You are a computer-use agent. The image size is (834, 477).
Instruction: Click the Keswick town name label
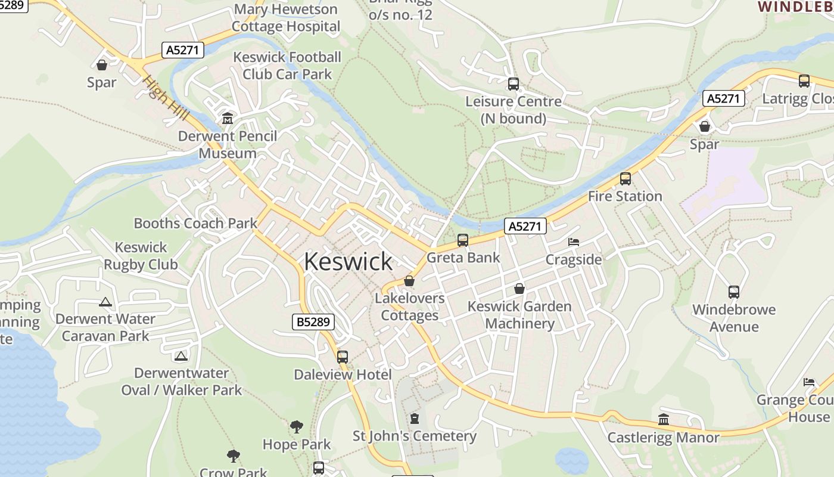coord(348,262)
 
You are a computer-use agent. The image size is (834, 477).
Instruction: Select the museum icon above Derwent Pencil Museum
coord(227,119)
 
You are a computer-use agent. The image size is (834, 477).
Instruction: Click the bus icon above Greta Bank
coord(463,240)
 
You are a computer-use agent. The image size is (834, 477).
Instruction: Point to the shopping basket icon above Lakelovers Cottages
coord(409,280)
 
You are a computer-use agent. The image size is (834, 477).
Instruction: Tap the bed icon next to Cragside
coord(573,242)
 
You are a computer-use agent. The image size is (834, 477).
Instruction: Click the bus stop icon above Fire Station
coord(625,178)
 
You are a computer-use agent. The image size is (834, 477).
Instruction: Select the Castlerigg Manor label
coord(663,438)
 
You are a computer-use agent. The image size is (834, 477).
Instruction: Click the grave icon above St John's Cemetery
coord(415,419)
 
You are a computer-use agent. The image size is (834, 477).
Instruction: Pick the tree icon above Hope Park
coord(296,426)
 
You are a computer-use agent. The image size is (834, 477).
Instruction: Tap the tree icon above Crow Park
coord(233,456)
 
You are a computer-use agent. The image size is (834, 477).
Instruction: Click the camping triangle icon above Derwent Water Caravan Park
coord(105,302)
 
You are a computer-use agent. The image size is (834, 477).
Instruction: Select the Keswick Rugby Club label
coord(141,256)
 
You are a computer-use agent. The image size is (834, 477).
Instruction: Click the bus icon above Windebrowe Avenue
coord(733,292)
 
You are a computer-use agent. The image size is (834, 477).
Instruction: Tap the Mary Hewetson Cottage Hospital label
coord(286,18)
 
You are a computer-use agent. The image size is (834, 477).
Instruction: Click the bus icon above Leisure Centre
coord(513,84)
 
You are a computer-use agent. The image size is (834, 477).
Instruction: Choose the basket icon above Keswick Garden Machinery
coord(519,289)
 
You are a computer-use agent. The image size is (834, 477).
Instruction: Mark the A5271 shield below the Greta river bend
coord(525,226)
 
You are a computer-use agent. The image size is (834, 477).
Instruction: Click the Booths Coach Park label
coord(195,224)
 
